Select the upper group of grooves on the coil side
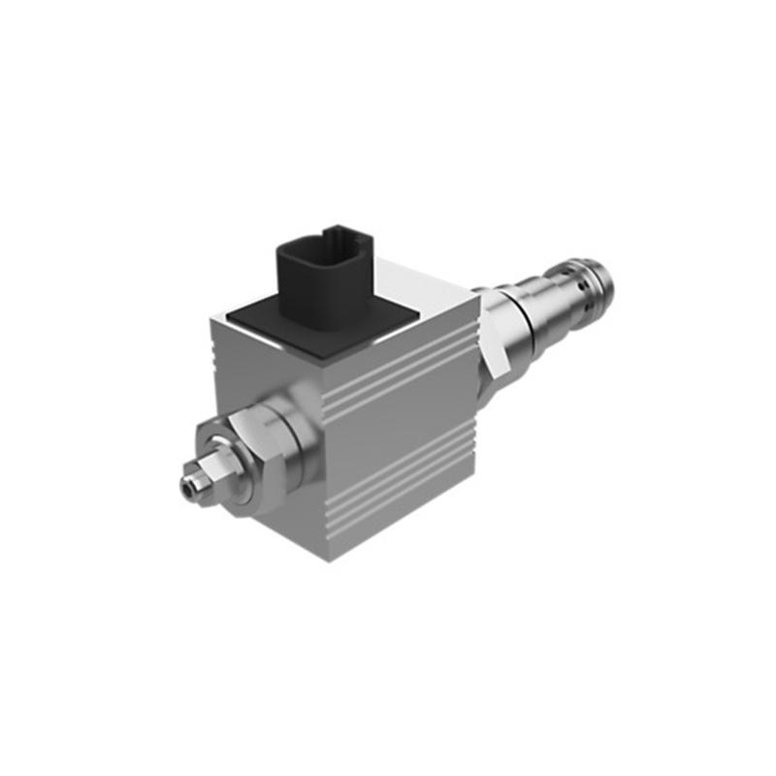tap(398, 373)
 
